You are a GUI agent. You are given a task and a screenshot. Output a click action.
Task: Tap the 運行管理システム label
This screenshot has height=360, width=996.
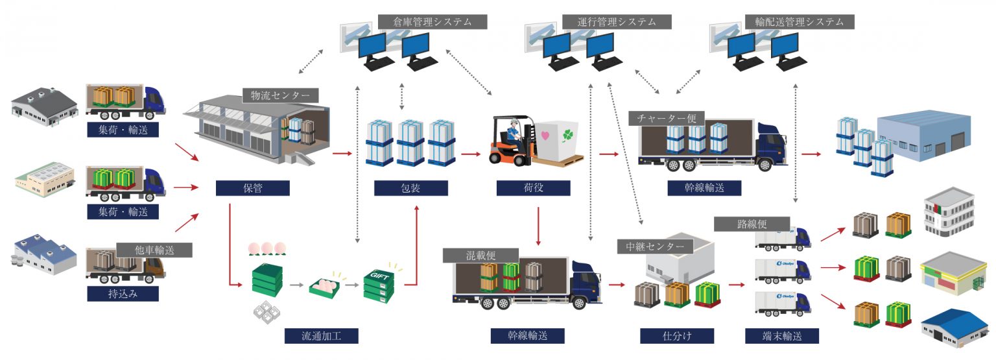point(616,21)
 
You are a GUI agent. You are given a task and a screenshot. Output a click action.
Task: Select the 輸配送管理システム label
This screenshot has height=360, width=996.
point(800,21)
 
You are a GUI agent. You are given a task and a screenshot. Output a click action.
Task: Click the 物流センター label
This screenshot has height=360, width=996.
point(280,95)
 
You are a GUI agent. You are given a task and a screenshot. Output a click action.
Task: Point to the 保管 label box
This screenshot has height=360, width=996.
point(252,188)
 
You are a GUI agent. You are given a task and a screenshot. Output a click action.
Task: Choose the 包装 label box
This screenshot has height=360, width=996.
point(411,188)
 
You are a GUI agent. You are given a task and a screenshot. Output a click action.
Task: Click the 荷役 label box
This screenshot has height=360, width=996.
point(533,188)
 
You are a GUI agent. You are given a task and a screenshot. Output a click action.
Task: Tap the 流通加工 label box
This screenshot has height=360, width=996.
point(321,336)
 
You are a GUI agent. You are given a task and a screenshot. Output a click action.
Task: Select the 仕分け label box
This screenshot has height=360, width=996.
point(677,336)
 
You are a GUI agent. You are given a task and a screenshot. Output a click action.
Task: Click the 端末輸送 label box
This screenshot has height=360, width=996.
point(782,336)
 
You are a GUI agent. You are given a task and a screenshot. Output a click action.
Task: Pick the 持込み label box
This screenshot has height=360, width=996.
point(123,293)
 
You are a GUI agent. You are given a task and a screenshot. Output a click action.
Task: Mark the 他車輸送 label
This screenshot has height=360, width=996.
point(154,250)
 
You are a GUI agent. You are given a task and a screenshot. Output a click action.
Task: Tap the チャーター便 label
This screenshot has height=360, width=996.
point(666,119)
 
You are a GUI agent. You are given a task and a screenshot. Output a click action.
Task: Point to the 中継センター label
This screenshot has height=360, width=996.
point(655,246)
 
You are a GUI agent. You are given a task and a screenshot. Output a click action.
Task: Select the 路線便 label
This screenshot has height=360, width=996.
point(752,224)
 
